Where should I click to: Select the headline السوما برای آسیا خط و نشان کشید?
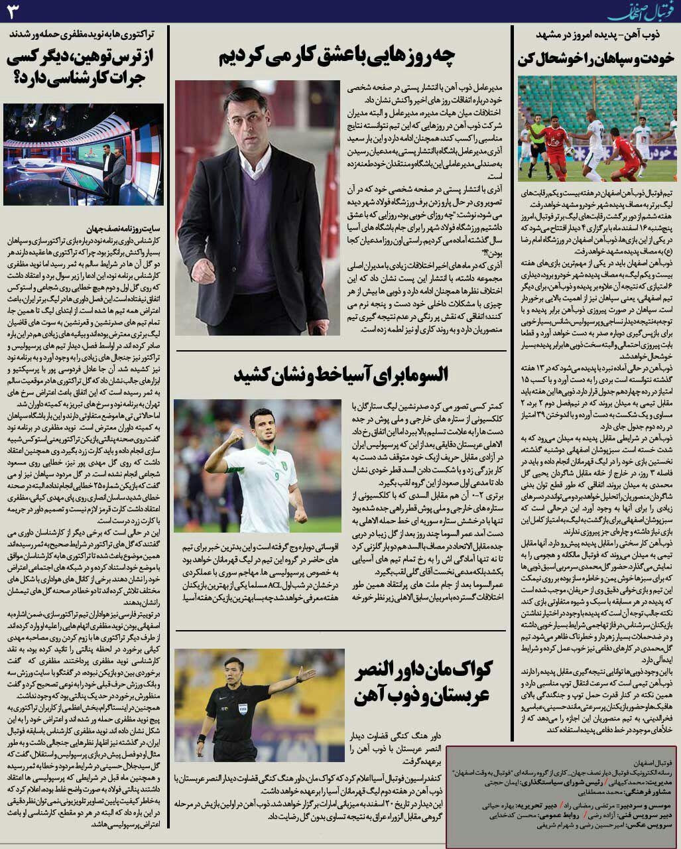(x=340, y=374)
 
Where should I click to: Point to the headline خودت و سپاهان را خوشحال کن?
(x=595, y=58)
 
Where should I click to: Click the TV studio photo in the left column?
(x=84, y=155)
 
